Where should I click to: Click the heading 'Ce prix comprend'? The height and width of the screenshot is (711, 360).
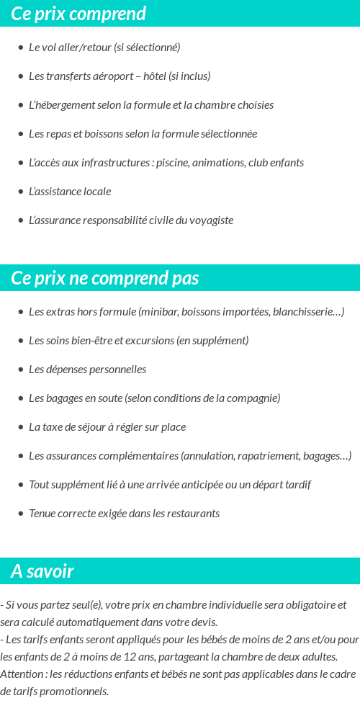tap(78, 14)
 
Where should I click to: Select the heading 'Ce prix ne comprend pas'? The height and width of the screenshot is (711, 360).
tap(105, 278)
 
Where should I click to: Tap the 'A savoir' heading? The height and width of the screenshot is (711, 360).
tap(42, 571)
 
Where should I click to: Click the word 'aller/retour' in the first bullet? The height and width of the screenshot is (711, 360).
tap(84, 48)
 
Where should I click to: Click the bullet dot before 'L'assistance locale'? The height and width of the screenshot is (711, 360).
tap(21, 192)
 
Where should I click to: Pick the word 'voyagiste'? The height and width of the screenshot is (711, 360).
tap(212, 220)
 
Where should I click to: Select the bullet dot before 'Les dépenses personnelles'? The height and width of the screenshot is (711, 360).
tap(21, 370)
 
